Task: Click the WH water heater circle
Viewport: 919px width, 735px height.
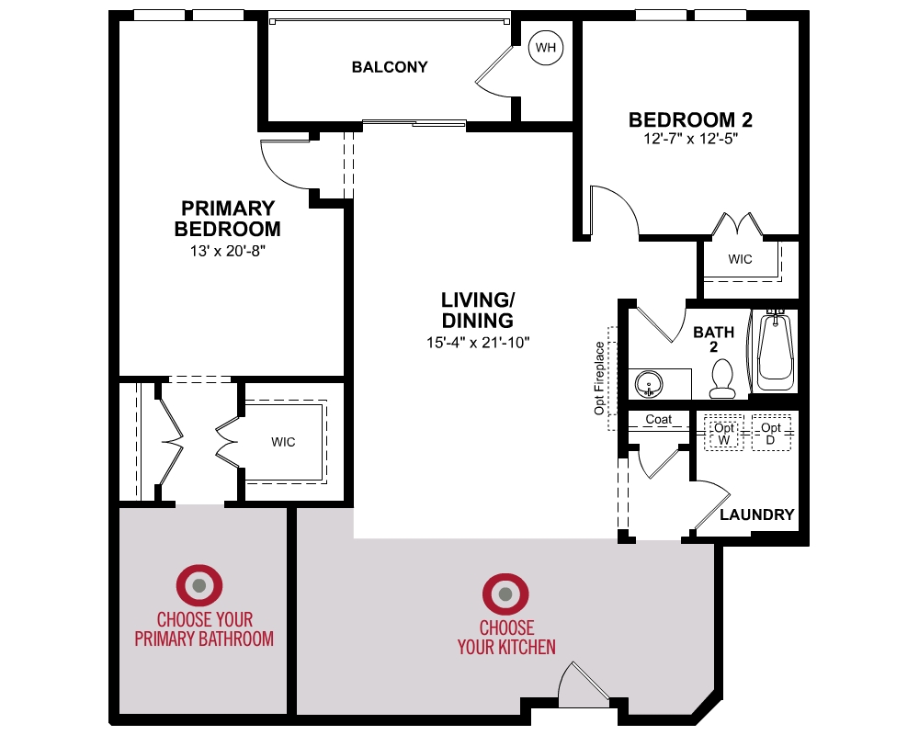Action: (x=546, y=47)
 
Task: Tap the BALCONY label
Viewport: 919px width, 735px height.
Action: (x=390, y=67)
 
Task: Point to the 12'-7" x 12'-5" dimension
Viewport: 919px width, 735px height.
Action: (x=691, y=140)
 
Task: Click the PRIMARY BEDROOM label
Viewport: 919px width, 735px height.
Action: (x=227, y=219)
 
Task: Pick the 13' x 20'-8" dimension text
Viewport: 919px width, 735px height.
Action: (x=228, y=249)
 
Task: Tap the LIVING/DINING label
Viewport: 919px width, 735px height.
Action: (x=477, y=311)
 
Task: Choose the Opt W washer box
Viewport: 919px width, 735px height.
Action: (x=725, y=434)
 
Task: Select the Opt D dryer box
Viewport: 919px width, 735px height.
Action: (x=770, y=434)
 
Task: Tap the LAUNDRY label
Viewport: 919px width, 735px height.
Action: (x=756, y=514)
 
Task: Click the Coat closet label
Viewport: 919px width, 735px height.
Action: (x=658, y=419)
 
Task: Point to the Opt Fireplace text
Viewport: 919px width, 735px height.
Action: (x=600, y=378)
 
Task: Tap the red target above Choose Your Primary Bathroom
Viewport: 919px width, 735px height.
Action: (x=199, y=585)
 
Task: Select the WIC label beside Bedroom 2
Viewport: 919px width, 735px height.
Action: (x=740, y=259)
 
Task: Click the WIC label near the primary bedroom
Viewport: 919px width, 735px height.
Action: (x=283, y=442)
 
